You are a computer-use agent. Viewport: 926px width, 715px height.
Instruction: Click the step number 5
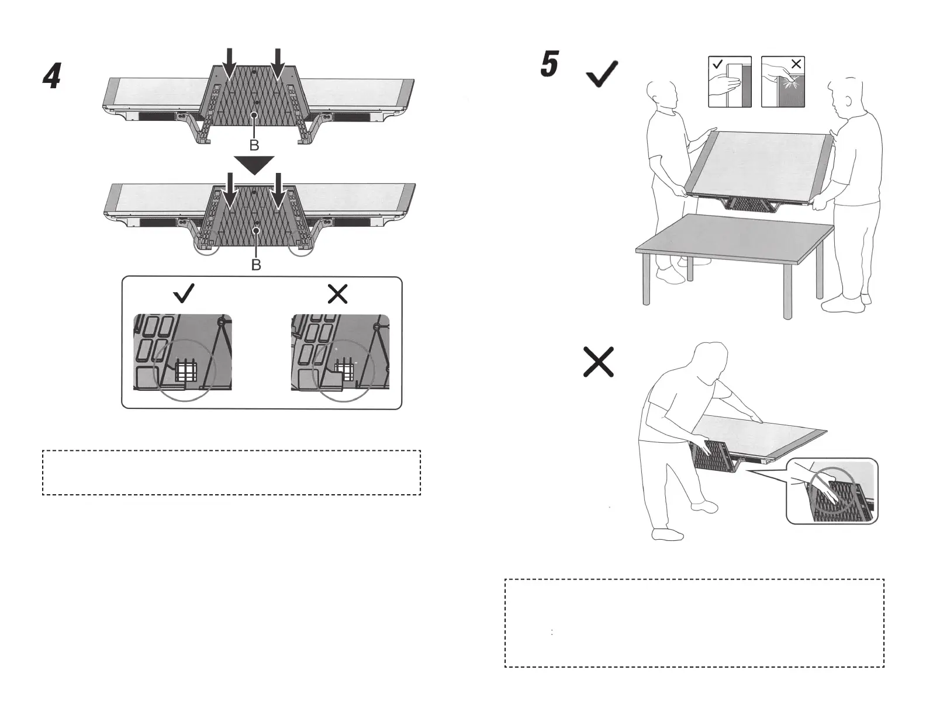click(x=550, y=64)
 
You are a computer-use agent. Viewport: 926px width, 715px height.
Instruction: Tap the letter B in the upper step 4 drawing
click(x=254, y=145)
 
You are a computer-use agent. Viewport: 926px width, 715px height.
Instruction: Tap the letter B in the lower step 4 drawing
click(x=256, y=265)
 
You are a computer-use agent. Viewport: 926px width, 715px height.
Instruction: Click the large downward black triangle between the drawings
click(x=254, y=165)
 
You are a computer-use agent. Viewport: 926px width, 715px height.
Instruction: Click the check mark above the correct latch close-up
click(x=185, y=293)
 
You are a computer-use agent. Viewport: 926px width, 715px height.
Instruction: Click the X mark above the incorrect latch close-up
click(x=338, y=293)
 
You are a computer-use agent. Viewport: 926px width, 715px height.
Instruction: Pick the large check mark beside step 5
click(x=602, y=75)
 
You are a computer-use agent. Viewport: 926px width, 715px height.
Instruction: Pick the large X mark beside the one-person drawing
click(x=599, y=362)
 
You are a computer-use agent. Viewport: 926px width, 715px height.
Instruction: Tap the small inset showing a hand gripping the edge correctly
click(x=730, y=82)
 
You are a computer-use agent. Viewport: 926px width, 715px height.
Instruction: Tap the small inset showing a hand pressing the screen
click(x=783, y=82)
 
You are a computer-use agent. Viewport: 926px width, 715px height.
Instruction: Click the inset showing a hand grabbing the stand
click(x=832, y=491)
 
